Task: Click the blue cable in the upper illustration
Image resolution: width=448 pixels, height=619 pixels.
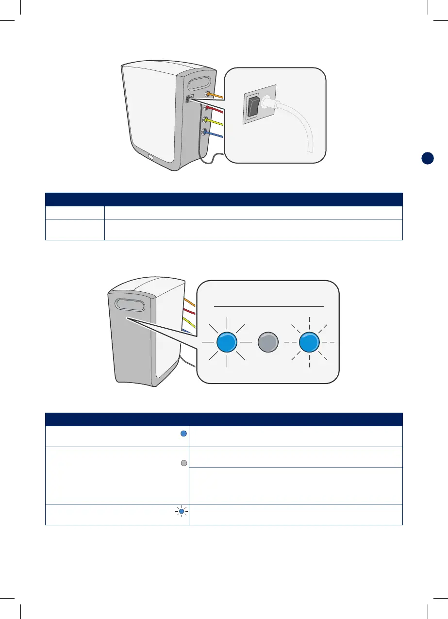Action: pyautogui.click(x=217, y=135)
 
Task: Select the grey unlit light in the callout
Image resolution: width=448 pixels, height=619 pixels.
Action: pyautogui.click(x=268, y=342)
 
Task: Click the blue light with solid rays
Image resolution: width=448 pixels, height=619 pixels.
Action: pyautogui.click(x=227, y=342)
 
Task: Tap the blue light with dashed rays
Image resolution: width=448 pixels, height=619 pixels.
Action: pyautogui.click(x=309, y=342)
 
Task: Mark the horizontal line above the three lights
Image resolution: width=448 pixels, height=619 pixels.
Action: pyautogui.click(x=269, y=306)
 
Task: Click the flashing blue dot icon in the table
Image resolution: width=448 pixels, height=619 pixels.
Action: pyautogui.click(x=182, y=511)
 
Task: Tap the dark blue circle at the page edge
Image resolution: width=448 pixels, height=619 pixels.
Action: pyautogui.click(x=427, y=158)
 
